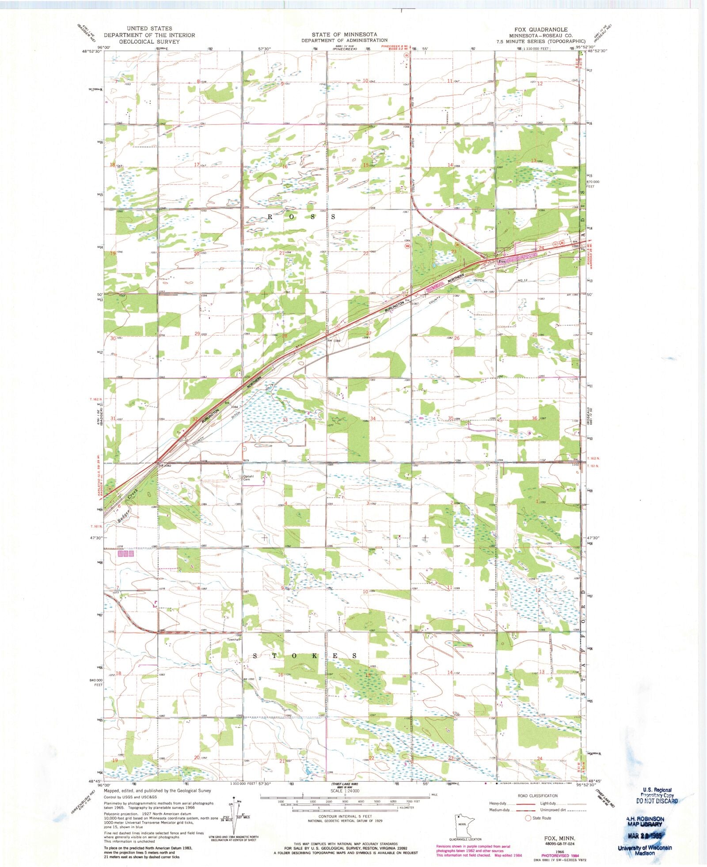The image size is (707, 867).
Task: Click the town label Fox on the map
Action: click(502, 261)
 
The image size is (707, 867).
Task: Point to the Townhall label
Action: click(233, 639)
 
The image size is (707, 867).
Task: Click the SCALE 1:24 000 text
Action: click(345, 791)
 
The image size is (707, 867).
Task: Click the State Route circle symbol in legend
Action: click(528, 818)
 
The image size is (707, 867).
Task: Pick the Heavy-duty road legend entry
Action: click(498, 803)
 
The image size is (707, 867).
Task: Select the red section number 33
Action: click(285, 420)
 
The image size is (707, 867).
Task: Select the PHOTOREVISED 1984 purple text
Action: click(558, 855)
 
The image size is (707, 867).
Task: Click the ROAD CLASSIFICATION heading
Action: click(537, 795)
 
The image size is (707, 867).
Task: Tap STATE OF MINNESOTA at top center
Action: click(344, 34)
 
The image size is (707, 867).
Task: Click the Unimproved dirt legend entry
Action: click(552, 810)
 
